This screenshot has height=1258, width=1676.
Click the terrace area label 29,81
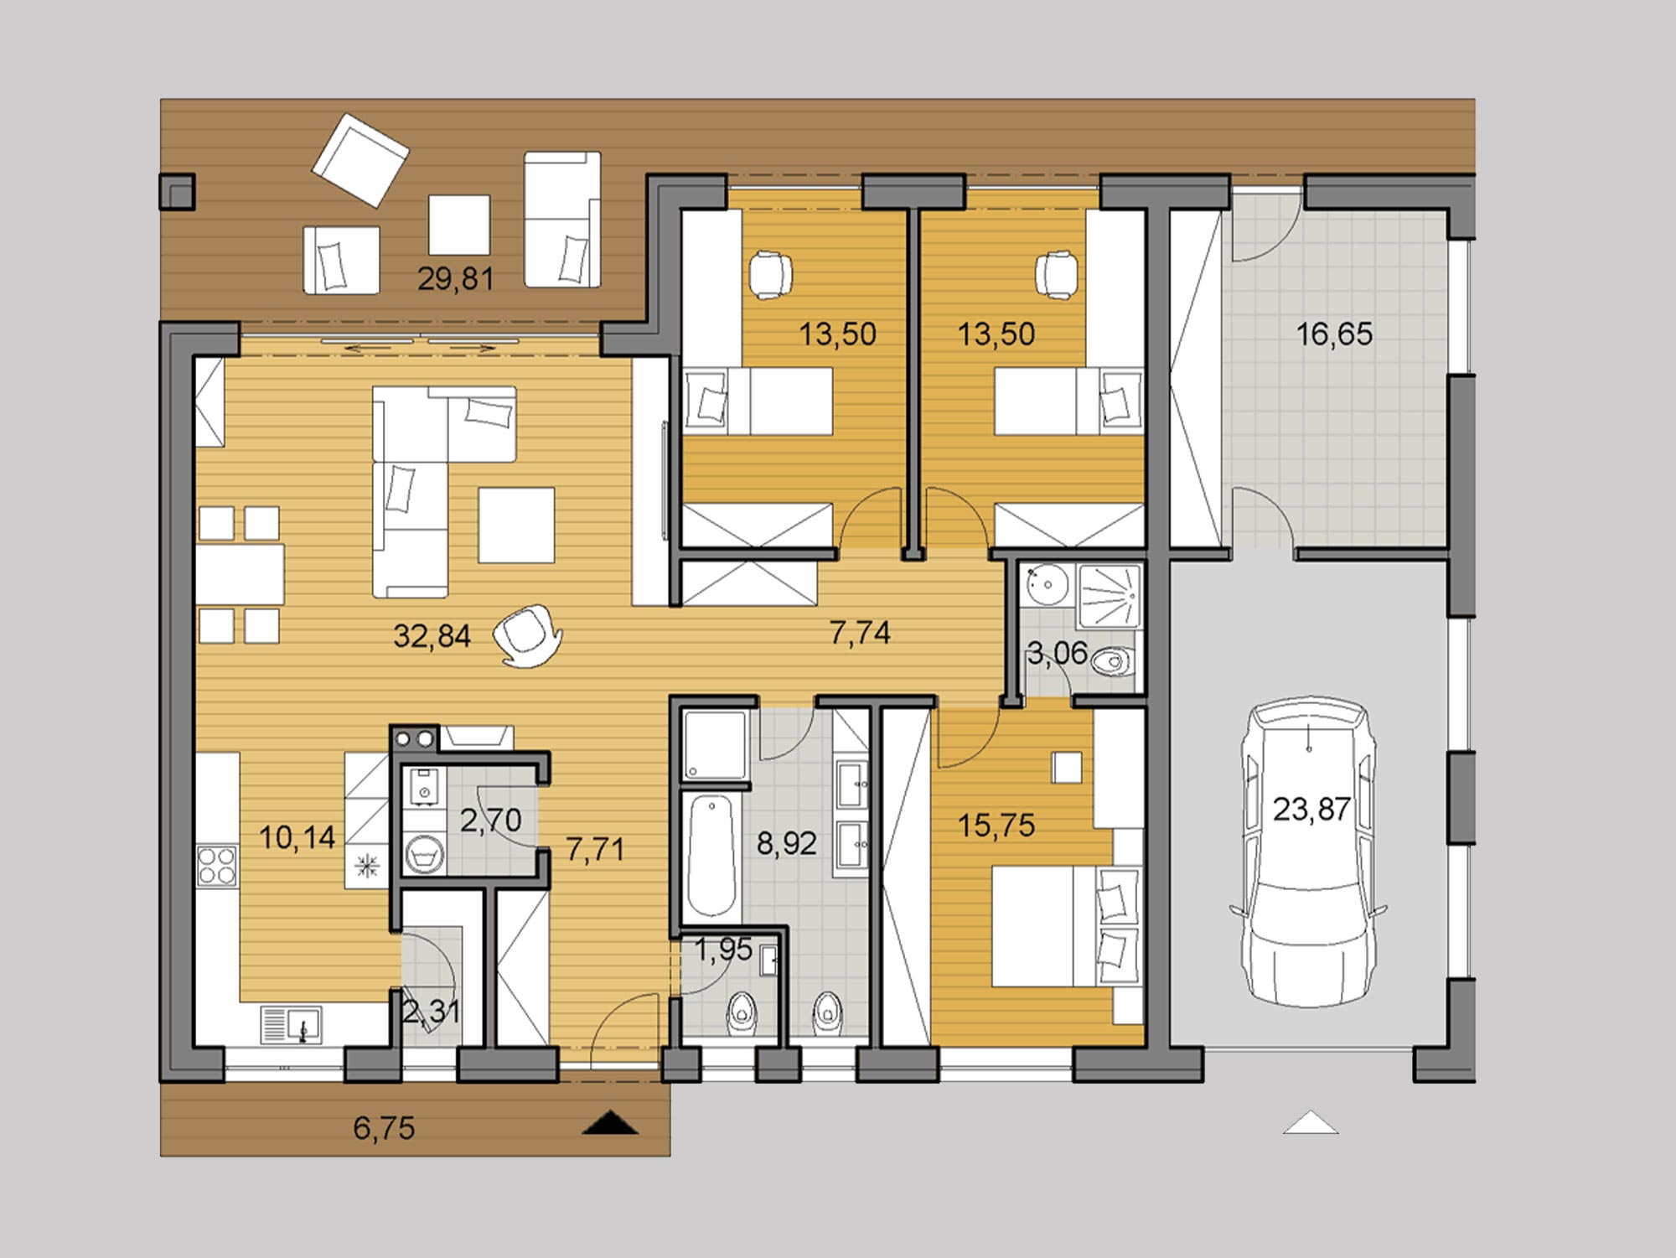455,278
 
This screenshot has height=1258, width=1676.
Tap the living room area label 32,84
432,636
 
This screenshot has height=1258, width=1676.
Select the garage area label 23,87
1311,809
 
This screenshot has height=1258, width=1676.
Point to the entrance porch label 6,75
384,1128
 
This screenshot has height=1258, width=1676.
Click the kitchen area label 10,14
297,837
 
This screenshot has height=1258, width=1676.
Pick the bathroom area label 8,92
786,843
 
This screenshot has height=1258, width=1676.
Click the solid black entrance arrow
610,1122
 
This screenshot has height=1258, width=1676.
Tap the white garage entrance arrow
1311,1122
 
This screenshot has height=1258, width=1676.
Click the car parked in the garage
1308,852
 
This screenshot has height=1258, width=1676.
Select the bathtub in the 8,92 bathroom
711,855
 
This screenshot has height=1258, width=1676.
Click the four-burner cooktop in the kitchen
216,866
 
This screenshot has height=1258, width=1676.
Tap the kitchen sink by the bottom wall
291,1024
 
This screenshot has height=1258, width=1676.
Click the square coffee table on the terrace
459,225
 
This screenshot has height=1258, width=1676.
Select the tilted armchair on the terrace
360,160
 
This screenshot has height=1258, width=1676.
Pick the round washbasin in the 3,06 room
1044,584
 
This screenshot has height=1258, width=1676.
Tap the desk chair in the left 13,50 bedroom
770,274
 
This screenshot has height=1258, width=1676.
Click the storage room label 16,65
1334,334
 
